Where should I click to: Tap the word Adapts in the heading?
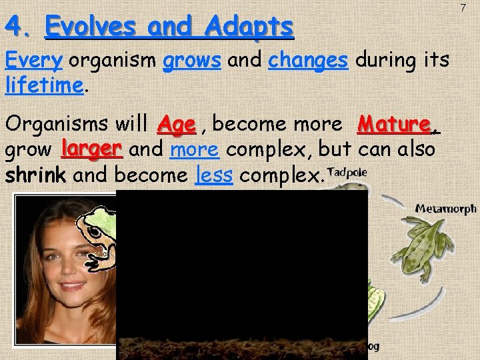[x=250, y=27]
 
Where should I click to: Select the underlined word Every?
[x=33, y=61]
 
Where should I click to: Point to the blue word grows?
[x=192, y=61]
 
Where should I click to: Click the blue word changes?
[x=308, y=61]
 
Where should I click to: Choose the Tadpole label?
[x=347, y=172]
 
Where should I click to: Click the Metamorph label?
[x=446, y=209]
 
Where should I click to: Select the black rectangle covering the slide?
[x=241, y=273]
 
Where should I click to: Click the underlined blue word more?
[x=194, y=149]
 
